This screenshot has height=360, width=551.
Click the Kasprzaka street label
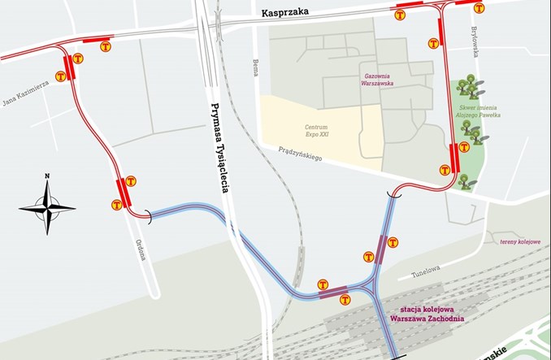tap(285, 13)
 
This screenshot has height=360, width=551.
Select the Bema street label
tap(254, 67)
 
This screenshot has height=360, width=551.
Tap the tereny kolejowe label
tap(520, 241)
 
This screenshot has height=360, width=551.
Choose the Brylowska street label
tap(477, 41)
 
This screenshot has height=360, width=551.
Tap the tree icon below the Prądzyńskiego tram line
tap(464, 180)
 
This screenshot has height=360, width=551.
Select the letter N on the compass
tap(47, 176)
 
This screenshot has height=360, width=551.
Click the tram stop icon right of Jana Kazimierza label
tap(78, 59)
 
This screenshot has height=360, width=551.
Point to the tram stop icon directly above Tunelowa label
tap(393, 242)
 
